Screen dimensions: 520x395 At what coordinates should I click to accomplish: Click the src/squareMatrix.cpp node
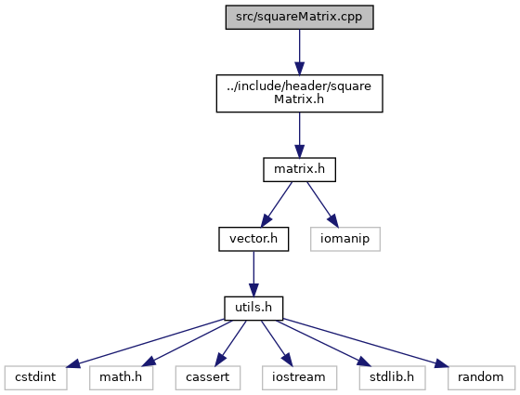(299, 18)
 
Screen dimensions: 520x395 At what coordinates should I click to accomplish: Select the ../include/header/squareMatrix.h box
(299, 93)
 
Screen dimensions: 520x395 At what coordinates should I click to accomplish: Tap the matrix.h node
(299, 169)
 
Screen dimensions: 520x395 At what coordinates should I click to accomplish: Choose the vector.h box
(253, 239)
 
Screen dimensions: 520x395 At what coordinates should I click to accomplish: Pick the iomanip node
(345, 239)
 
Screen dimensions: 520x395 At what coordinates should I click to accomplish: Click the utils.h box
(253, 309)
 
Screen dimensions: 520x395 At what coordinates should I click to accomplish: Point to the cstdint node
(36, 377)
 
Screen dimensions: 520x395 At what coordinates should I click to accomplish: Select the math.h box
(121, 377)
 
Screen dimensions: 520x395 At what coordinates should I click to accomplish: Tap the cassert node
(208, 377)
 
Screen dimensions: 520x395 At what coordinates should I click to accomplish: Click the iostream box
(299, 377)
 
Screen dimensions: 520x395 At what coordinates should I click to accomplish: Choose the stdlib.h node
(392, 377)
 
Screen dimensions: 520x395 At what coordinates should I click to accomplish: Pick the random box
(481, 377)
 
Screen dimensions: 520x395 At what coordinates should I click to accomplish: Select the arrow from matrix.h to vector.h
(277, 204)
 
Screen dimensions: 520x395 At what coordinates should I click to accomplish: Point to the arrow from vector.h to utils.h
(253, 273)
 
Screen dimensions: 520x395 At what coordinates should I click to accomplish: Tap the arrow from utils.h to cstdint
(145, 343)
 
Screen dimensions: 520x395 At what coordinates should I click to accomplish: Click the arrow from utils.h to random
(366, 343)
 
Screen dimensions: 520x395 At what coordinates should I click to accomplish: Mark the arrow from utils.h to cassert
(230, 343)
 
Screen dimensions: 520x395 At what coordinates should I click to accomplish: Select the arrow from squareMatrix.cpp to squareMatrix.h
(299, 52)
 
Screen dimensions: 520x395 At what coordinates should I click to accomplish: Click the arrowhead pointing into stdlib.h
(364, 362)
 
